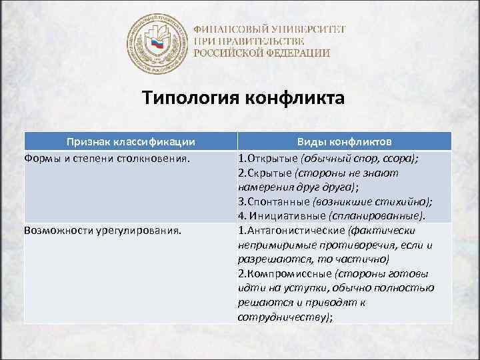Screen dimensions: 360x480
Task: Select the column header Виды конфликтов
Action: [x=344, y=141]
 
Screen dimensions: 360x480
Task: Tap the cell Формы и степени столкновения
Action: [x=107, y=159]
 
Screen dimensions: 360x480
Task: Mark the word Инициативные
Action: [x=287, y=217]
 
